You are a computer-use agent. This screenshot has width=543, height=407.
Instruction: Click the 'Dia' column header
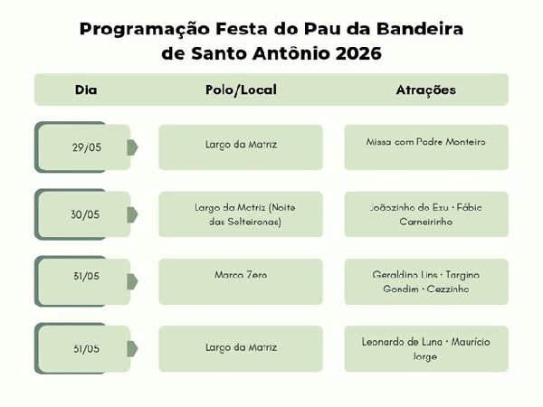[x=86, y=90]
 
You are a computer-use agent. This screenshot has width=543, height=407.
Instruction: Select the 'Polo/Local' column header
[x=241, y=90]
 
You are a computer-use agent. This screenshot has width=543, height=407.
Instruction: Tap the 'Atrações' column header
[x=425, y=90]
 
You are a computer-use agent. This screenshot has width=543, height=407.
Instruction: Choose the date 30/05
[x=85, y=214]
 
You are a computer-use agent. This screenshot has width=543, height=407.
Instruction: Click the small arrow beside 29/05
[x=132, y=147]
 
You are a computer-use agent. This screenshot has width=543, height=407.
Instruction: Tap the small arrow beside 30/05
[x=132, y=214]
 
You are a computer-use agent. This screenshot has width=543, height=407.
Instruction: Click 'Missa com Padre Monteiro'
[x=425, y=143]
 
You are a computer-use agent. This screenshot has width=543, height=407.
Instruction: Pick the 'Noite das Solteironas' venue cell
[x=241, y=214]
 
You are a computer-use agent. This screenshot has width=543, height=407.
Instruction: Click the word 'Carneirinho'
[x=425, y=222]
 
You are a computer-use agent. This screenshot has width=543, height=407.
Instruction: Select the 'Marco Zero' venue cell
[x=241, y=274]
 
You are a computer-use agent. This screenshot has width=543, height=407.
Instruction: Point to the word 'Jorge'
[x=425, y=356]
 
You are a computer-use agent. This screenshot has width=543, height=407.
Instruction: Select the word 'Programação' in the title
[x=138, y=28]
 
